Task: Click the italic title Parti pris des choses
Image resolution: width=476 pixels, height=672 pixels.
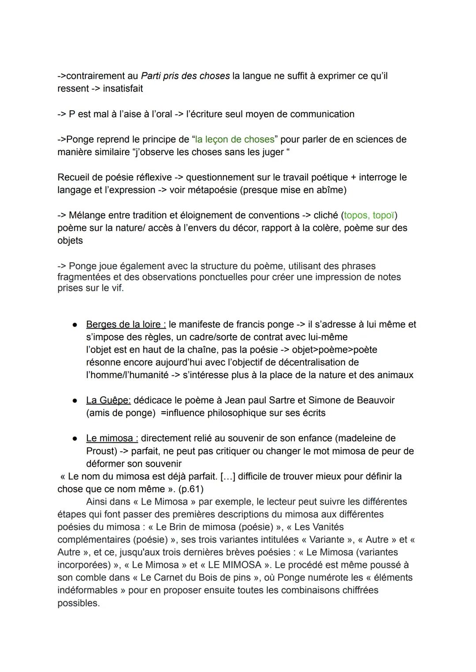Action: click(185, 76)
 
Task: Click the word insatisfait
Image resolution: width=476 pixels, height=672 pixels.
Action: click(123, 89)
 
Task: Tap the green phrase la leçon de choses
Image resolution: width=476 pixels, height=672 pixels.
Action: click(234, 139)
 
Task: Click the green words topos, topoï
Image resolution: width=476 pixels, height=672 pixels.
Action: click(369, 215)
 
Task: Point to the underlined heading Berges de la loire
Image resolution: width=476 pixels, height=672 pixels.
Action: click(126, 324)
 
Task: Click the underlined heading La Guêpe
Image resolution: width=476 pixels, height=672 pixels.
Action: click(108, 400)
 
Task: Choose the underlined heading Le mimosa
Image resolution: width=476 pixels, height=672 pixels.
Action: click(112, 438)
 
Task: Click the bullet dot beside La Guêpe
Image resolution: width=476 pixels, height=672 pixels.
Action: click(75, 401)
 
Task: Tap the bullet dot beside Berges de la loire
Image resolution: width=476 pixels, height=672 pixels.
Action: click(75, 325)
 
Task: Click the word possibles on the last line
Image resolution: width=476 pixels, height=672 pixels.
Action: click(78, 603)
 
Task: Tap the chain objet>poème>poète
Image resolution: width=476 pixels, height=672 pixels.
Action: click(335, 349)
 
